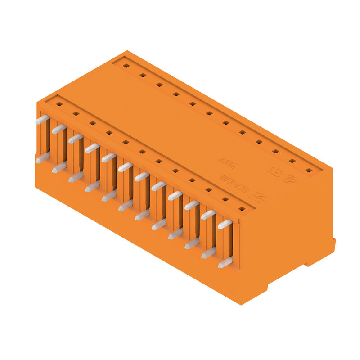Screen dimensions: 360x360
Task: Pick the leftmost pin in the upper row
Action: (x=42, y=119)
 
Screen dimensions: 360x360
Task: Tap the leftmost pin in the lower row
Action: (x=42, y=157)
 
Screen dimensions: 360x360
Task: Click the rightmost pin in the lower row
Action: (x=225, y=262)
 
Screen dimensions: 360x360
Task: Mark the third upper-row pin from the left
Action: (x=76, y=138)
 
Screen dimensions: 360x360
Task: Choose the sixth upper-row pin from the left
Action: (x=126, y=167)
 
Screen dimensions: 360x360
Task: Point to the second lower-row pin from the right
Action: (x=208, y=253)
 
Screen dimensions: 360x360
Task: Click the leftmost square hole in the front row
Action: (x=59, y=104)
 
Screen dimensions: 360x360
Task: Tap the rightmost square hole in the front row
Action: (x=242, y=209)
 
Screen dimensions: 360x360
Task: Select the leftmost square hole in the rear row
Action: (x=126, y=66)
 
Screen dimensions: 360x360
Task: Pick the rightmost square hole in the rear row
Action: (x=309, y=171)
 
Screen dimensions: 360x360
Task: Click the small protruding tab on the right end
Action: (x=333, y=246)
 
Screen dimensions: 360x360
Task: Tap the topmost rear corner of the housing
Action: (x=127, y=51)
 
